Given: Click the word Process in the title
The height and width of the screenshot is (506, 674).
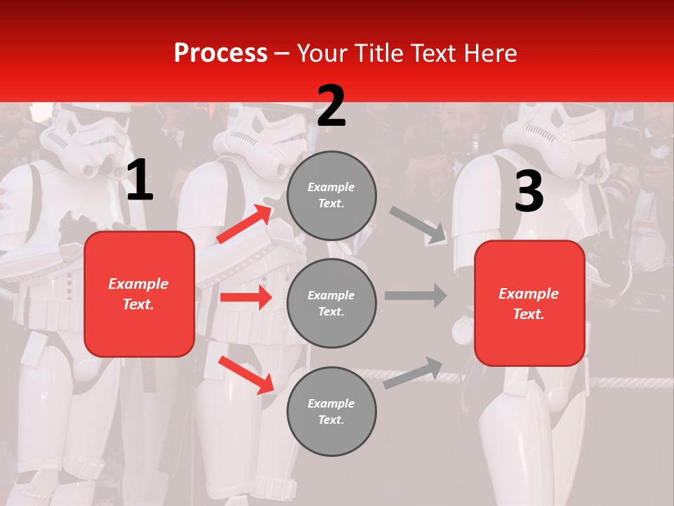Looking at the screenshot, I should [220, 53].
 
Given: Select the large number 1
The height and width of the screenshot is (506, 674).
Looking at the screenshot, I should [140, 181].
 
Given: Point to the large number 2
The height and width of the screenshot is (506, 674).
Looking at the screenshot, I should [331, 106].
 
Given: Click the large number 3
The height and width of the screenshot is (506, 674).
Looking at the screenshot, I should [529, 191].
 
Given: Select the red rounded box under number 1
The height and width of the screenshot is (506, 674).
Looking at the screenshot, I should [139, 294].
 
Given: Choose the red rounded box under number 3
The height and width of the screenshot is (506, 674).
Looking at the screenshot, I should [529, 303].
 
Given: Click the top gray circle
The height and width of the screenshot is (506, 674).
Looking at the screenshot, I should [331, 195].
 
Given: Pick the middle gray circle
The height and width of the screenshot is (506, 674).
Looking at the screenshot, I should [331, 303].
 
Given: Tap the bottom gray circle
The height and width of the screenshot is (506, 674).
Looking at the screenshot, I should [331, 411].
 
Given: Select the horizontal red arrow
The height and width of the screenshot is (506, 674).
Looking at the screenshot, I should [246, 297].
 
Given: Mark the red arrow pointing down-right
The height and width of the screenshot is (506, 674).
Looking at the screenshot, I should [246, 375].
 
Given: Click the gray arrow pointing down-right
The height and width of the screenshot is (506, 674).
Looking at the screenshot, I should [418, 225].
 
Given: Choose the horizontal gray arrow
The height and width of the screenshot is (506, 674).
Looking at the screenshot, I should [416, 296].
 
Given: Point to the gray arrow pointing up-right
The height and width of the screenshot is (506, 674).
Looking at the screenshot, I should [414, 373].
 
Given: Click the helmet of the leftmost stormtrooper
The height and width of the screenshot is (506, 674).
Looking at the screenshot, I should [84, 141].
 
